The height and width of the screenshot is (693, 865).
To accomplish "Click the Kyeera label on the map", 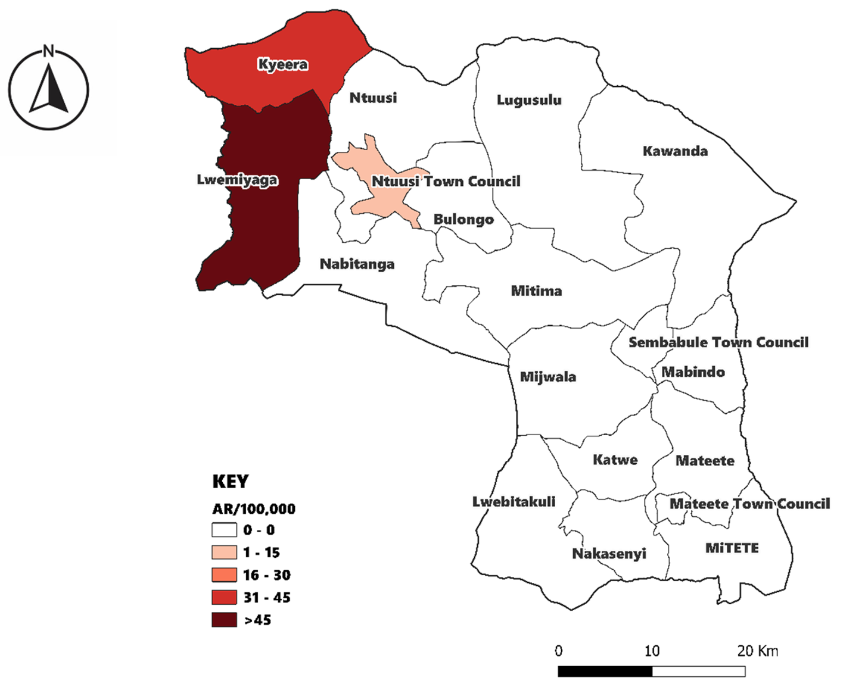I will coord(283,64).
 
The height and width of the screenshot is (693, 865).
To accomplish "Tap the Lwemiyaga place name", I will coord(237,180).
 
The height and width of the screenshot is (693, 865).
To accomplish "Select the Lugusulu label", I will coord(529,100).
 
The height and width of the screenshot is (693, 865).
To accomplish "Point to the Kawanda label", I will coord(675,151).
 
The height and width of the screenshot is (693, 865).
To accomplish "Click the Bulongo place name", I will coord(463,219).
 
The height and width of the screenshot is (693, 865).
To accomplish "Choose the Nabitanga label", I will coord(357,264).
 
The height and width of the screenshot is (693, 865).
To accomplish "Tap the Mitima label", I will coord(536,291).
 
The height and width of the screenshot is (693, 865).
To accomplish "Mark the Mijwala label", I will coord(548,377).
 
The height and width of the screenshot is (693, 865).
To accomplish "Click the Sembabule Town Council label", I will coord(718,342).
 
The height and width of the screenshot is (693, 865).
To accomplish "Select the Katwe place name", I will coord(615,460).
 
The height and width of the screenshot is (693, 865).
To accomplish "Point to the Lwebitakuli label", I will coord(514,502).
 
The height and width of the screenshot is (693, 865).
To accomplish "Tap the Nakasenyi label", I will coord(609,554).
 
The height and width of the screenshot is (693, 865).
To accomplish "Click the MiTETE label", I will coord(732,548).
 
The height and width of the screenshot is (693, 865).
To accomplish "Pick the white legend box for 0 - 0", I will coord(224,530).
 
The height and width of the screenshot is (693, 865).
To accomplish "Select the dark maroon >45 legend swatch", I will coord(224,620).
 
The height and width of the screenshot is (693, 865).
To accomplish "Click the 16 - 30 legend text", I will coord(266,575).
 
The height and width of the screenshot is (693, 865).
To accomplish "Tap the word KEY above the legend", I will coord(231,481).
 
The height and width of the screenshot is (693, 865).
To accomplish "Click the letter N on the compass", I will coord(48,51).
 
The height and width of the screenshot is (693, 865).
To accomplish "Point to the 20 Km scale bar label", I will coord(757,651).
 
